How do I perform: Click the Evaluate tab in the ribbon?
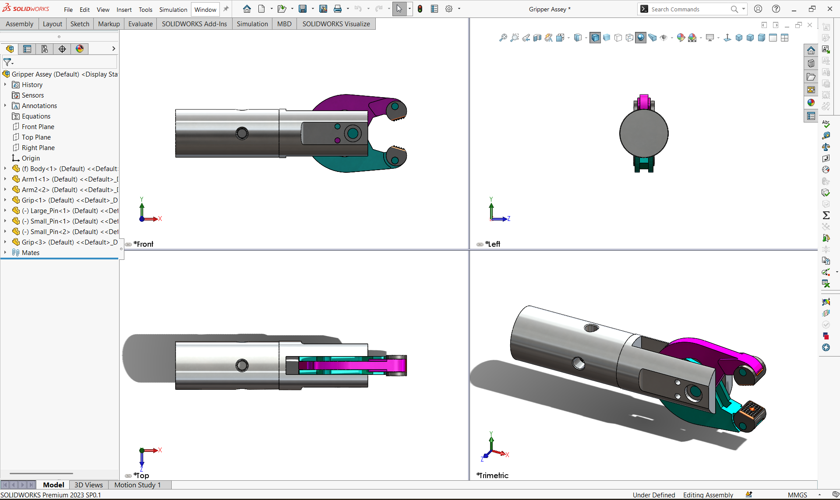pos(140,24)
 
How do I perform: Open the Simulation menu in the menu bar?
pos(173,10)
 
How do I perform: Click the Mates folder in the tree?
pos(30,253)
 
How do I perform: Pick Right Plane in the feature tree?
pos(38,148)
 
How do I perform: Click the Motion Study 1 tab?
pos(138,485)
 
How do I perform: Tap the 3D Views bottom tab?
pos(88,485)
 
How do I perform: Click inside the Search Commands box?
pos(688,9)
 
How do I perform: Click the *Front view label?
pos(144,244)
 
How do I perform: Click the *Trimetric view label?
pos(494,476)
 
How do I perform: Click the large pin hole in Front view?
pos(353,133)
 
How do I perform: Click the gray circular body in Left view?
pos(643,133)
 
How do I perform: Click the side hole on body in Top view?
pos(242,365)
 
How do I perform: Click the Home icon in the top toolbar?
pos(247,9)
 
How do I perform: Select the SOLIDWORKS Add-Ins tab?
pos(194,24)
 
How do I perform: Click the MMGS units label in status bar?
pos(797,495)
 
